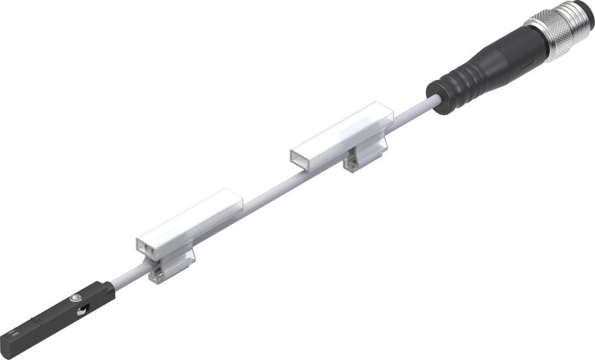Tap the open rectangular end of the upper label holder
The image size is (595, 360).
pos(301,159)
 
